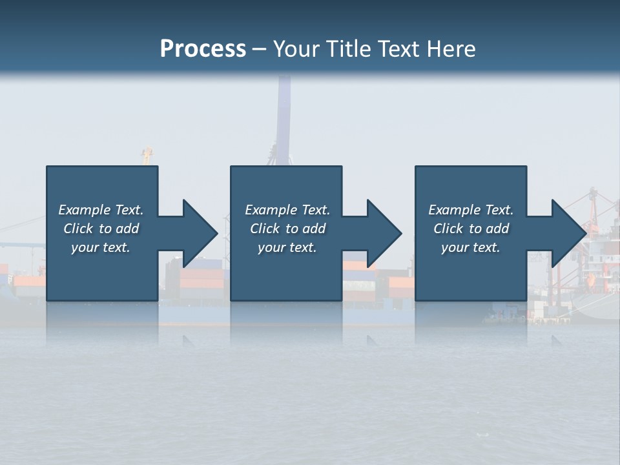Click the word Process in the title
pyautogui.click(x=203, y=49)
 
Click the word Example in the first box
pyautogui.click(x=84, y=210)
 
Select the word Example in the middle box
pyautogui.click(x=271, y=210)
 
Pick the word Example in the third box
pyautogui.click(x=454, y=210)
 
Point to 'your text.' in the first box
pyautogui.click(x=101, y=247)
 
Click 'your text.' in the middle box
pyautogui.click(x=287, y=247)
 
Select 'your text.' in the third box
pyautogui.click(x=471, y=247)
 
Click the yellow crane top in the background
pyautogui.click(x=147, y=155)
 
